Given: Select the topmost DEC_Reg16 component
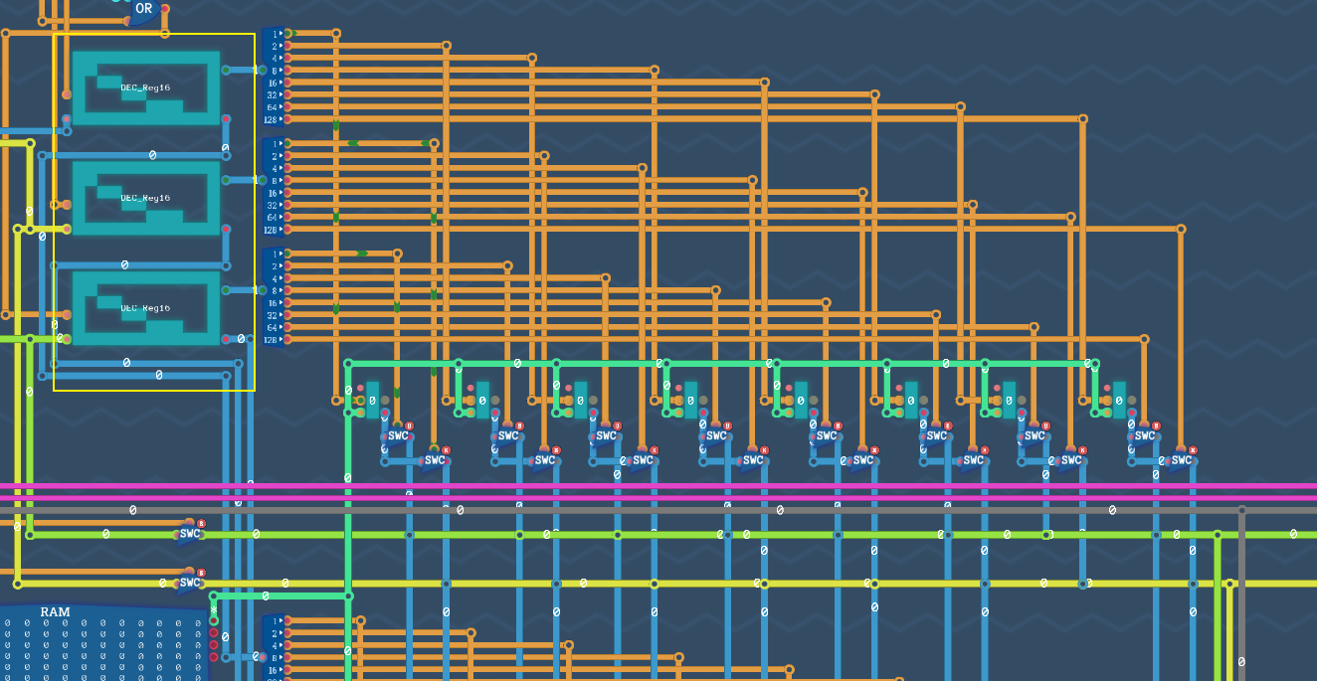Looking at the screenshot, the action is (x=146, y=87).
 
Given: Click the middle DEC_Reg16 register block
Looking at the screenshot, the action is (x=146, y=198).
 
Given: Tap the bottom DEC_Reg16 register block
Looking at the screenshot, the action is (x=146, y=308).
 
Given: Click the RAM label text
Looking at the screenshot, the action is (x=55, y=611).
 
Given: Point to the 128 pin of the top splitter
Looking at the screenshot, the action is (x=271, y=119).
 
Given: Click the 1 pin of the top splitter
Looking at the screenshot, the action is (x=274, y=34).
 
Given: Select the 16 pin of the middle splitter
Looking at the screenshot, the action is (x=272, y=193).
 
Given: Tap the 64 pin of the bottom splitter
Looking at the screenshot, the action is (x=272, y=327).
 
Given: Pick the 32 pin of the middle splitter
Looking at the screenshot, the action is (x=272, y=205).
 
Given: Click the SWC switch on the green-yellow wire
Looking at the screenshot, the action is (x=189, y=534).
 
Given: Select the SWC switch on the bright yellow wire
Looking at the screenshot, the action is (x=189, y=583).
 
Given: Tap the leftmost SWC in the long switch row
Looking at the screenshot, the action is (x=398, y=435).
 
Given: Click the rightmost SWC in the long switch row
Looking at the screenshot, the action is (x=1181, y=460).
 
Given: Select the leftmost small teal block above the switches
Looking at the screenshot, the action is (x=372, y=399).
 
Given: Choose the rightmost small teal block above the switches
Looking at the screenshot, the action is (x=1119, y=399).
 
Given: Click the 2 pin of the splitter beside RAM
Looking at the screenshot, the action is (x=274, y=632).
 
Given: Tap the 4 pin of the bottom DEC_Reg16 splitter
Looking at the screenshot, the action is (x=274, y=278).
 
